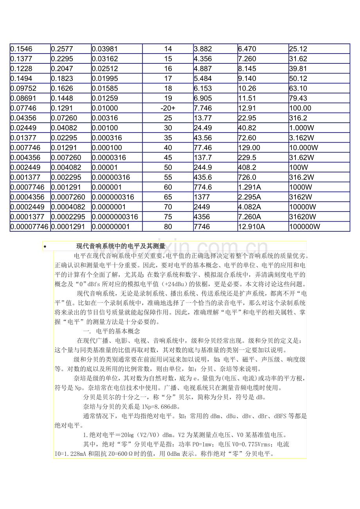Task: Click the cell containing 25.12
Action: [319, 49]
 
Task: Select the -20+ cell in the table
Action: [168, 108]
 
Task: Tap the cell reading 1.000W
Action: [319, 128]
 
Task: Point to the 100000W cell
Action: [319, 226]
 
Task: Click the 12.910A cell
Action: [263, 226]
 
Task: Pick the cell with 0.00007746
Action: [30, 226]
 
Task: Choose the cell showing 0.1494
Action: [30, 79]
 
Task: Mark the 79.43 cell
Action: [319, 98]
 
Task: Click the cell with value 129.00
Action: [263, 147]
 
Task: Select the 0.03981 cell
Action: [117, 49]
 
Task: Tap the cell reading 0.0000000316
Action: [117, 217]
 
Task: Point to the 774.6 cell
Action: [215, 187]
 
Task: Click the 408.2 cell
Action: [263, 167]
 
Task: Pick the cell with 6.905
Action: [215, 98]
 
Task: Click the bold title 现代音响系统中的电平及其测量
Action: [121, 246]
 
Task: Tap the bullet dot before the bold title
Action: [45, 247]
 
